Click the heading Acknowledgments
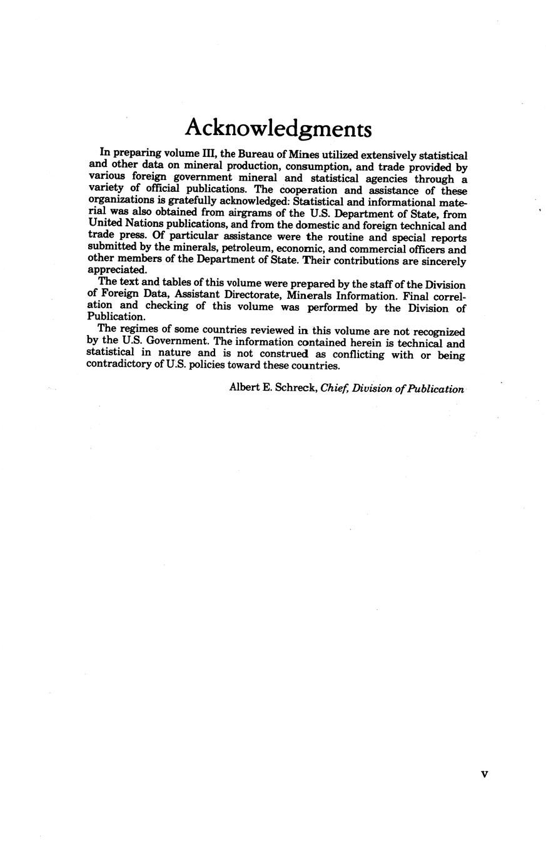pos(278,128)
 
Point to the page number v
pos(483,774)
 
